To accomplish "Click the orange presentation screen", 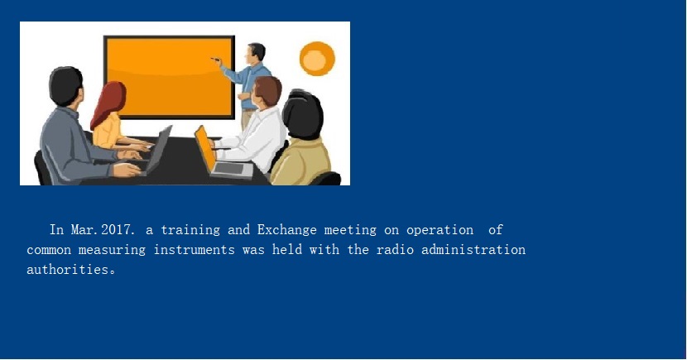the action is click(x=169, y=78).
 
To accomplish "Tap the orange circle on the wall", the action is click(x=317, y=59).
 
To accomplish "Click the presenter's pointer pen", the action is click(x=215, y=59).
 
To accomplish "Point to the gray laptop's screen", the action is click(x=159, y=148).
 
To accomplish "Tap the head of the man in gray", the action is click(x=65, y=86).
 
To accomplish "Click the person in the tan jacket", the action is click(x=302, y=139).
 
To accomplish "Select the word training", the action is click(x=190, y=230).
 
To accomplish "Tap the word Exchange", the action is click(x=286, y=230).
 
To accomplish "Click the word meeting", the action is click(x=350, y=230).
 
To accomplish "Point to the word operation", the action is click(x=440, y=230).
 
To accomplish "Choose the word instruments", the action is click(x=194, y=250).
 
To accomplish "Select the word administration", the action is click(x=473, y=250).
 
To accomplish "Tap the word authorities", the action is click(x=68, y=269).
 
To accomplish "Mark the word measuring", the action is click(x=112, y=250).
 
